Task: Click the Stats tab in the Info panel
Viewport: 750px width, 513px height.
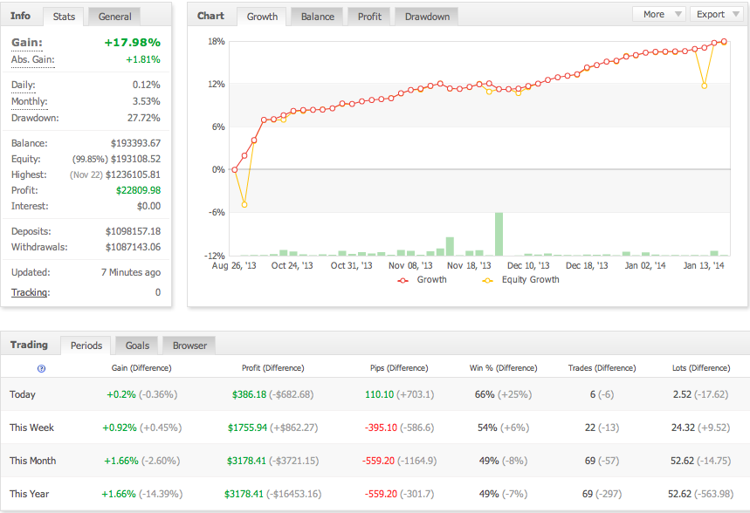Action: coord(64,17)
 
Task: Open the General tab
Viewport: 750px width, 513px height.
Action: coord(115,17)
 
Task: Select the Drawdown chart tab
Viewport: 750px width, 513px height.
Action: coord(427,17)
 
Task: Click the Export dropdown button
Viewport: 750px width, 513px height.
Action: coord(716,14)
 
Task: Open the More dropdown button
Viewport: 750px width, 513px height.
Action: coord(658,14)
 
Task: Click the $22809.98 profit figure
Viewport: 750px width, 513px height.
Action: coord(138,190)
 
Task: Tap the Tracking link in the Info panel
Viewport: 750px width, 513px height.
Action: coord(30,292)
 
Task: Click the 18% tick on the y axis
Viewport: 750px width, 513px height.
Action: coord(217,41)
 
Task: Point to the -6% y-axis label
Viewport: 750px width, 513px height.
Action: coord(217,212)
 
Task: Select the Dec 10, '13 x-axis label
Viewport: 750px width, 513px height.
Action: coord(529,265)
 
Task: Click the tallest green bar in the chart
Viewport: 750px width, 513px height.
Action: coord(499,233)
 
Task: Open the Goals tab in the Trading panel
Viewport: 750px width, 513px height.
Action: coord(137,345)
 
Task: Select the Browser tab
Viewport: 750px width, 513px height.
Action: coord(189,345)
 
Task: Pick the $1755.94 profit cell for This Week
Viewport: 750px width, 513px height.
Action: coord(249,427)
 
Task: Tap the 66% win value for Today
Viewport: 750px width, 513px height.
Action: coord(485,394)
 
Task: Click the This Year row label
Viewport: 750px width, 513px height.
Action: coord(30,494)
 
